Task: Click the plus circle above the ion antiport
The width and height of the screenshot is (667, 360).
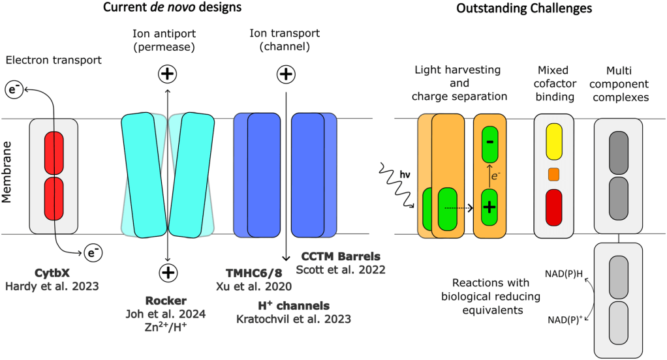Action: [168, 74]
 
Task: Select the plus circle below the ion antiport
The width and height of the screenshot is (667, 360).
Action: [168, 271]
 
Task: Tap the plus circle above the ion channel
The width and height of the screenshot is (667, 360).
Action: [285, 74]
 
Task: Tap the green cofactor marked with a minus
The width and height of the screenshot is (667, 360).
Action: [490, 141]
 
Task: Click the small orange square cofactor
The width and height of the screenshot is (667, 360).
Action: [553, 174]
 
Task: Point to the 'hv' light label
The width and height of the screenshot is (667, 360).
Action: [405, 174]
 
